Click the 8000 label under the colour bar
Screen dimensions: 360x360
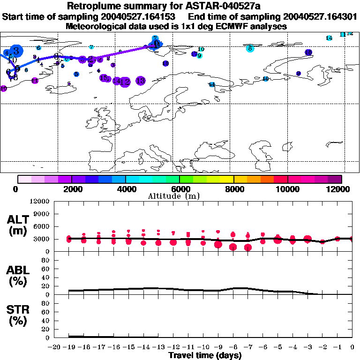pos(233,189)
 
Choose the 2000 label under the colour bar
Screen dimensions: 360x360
pos(71,189)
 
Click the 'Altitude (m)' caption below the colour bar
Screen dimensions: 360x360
pos(180,196)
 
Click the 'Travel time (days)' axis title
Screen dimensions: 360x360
pos(205,356)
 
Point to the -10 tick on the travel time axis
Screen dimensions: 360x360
pos(202,347)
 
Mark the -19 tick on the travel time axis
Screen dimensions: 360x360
pos(69,347)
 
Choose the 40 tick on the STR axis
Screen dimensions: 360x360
pos(45,321)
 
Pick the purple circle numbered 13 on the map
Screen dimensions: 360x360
pos(140,81)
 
